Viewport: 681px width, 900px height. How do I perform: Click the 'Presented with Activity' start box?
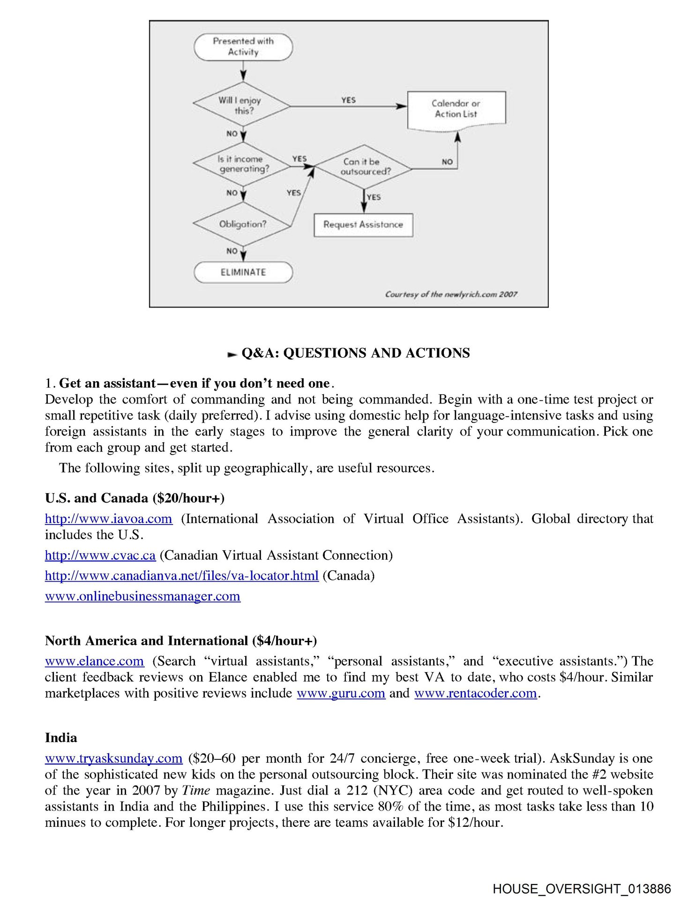(243, 47)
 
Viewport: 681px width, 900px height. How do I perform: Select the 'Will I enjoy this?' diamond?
(242, 105)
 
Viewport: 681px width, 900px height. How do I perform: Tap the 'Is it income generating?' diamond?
(242, 164)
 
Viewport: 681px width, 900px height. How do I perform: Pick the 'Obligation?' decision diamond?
(242, 224)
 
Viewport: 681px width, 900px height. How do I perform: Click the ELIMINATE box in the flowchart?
(243, 272)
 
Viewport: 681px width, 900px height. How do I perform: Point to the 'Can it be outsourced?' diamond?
(364, 166)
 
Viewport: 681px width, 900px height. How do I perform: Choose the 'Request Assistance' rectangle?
(363, 225)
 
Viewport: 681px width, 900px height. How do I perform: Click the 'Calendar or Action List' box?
(456, 109)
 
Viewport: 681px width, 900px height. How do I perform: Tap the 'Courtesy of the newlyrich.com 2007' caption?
(451, 294)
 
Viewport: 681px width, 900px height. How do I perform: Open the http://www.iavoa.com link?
(108, 519)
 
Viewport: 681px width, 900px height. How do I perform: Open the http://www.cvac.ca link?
(100, 555)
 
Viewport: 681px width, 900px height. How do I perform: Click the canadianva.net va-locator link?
(181, 576)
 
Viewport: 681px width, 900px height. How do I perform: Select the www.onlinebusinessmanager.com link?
(142, 596)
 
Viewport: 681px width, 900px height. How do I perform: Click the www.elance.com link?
(94, 661)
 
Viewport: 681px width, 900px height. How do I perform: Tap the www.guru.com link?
(341, 693)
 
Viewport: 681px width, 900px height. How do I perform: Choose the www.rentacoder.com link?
(475, 693)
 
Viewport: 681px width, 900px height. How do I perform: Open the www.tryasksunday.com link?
(113, 758)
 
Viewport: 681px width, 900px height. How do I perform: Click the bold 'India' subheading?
(61, 738)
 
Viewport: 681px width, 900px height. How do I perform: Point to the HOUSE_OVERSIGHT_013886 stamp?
(582, 889)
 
